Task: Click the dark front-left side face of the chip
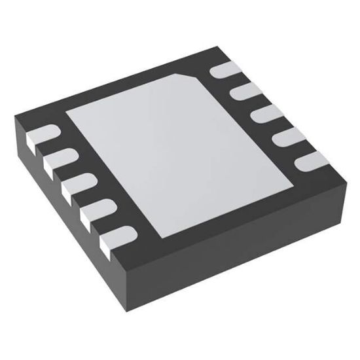pyautogui.click(x=65, y=216)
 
